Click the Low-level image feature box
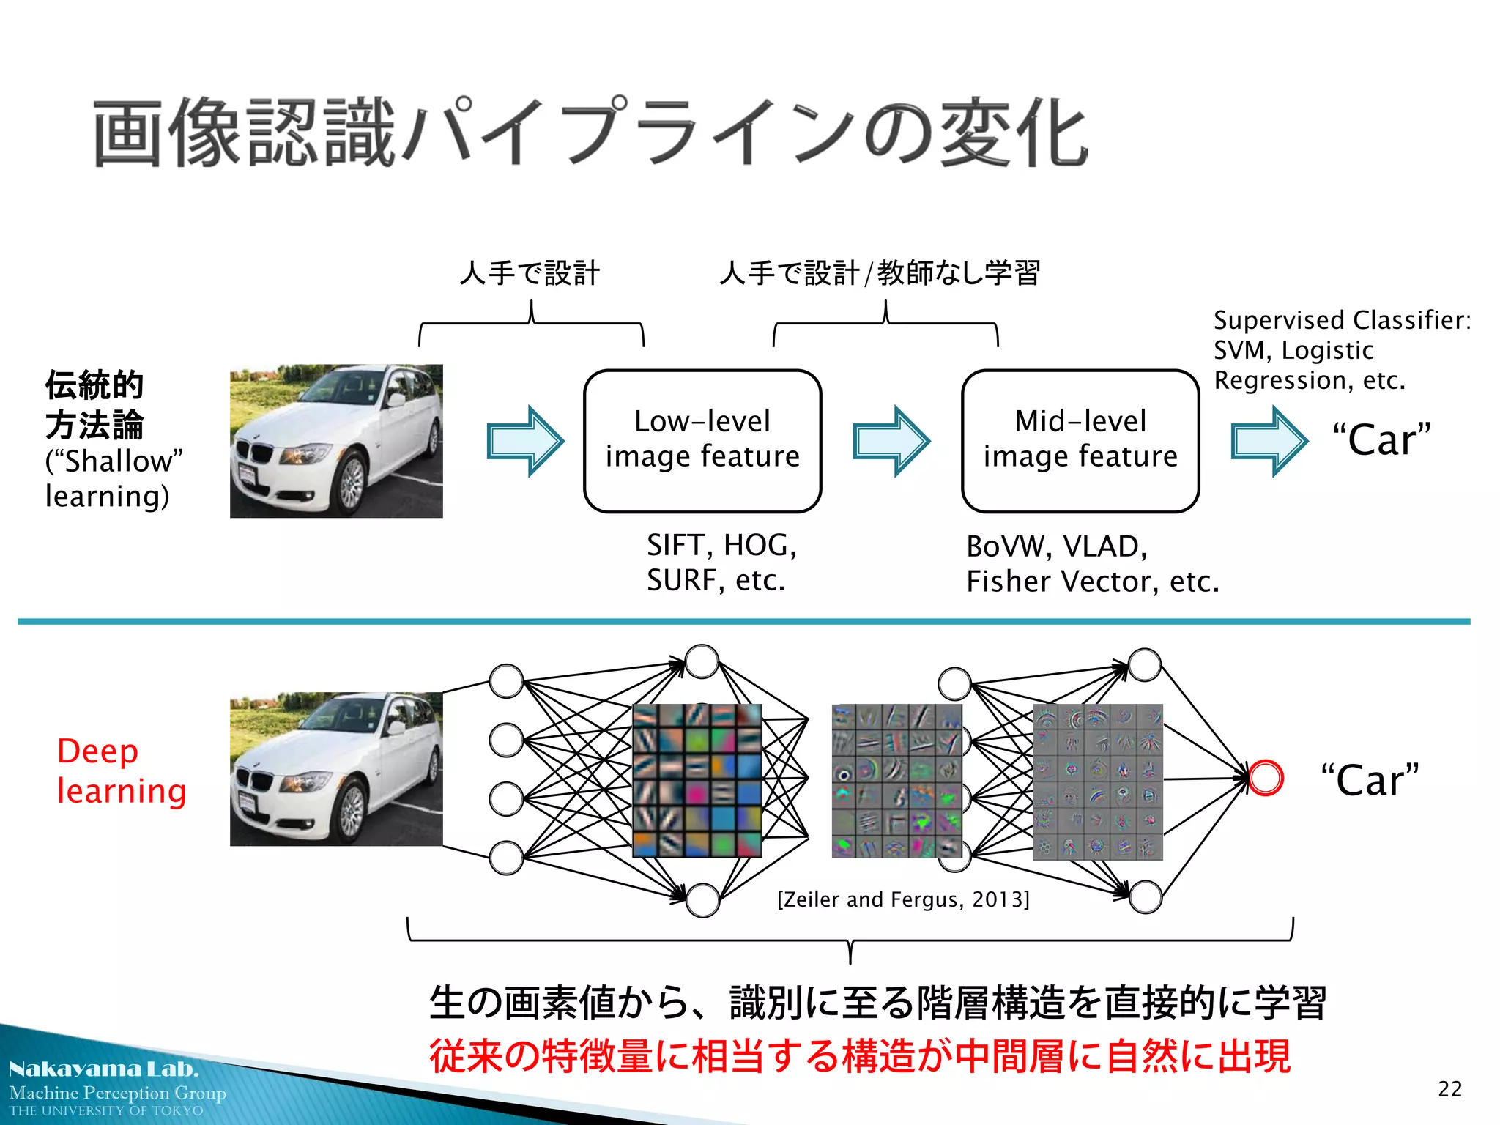(x=702, y=440)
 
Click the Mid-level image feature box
(x=1080, y=440)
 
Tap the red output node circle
(x=1266, y=778)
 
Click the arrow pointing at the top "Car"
(x=1269, y=441)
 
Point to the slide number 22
(x=1449, y=1089)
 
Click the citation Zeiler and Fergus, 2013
(x=903, y=899)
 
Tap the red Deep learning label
(x=121, y=771)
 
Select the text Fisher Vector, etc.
(x=1092, y=582)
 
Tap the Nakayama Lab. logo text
(x=103, y=1069)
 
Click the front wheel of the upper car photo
(x=351, y=483)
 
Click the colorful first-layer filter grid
(x=697, y=780)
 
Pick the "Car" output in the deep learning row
(x=1370, y=779)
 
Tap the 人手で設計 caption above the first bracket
(x=530, y=273)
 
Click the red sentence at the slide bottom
(x=859, y=1055)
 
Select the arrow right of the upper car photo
(x=525, y=441)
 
